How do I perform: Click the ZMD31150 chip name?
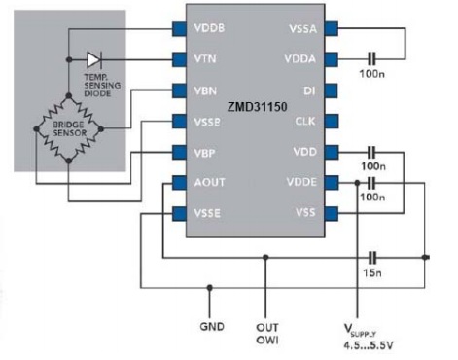point(257,107)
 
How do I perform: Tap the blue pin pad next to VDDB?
point(179,29)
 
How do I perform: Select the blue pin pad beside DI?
point(331,90)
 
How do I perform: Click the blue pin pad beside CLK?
point(332,121)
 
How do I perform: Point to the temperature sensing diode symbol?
point(94,60)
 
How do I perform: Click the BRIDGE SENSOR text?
point(70,128)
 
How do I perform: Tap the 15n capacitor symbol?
point(372,258)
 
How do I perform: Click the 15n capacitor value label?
point(372,273)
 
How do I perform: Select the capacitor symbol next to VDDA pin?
point(371,59)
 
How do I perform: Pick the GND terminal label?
point(212,326)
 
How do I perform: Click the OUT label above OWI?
point(267,328)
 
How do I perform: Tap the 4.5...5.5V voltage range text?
point(369,345)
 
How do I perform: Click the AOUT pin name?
point(209,182)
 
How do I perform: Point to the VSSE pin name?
point(207,213)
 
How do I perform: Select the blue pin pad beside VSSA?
point(332,28)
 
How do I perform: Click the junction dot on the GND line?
point(210,288)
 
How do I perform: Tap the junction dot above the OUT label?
point(265,258)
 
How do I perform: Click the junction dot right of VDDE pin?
point(357,183)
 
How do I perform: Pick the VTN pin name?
point(205,59)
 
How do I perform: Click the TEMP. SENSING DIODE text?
point(102,86)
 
